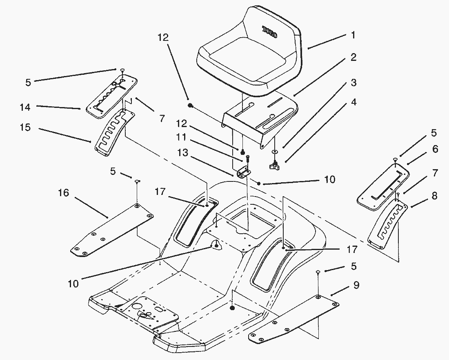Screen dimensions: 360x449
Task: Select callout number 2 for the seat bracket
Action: (x=353, y=58)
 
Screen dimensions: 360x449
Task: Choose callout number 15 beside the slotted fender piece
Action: (x=25, y=128)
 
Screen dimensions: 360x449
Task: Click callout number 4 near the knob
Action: (x=353, y=102)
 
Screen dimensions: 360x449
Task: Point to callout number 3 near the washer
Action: (x=353, y=83)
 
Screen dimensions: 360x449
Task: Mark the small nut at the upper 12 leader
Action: (x=190, y=106)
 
